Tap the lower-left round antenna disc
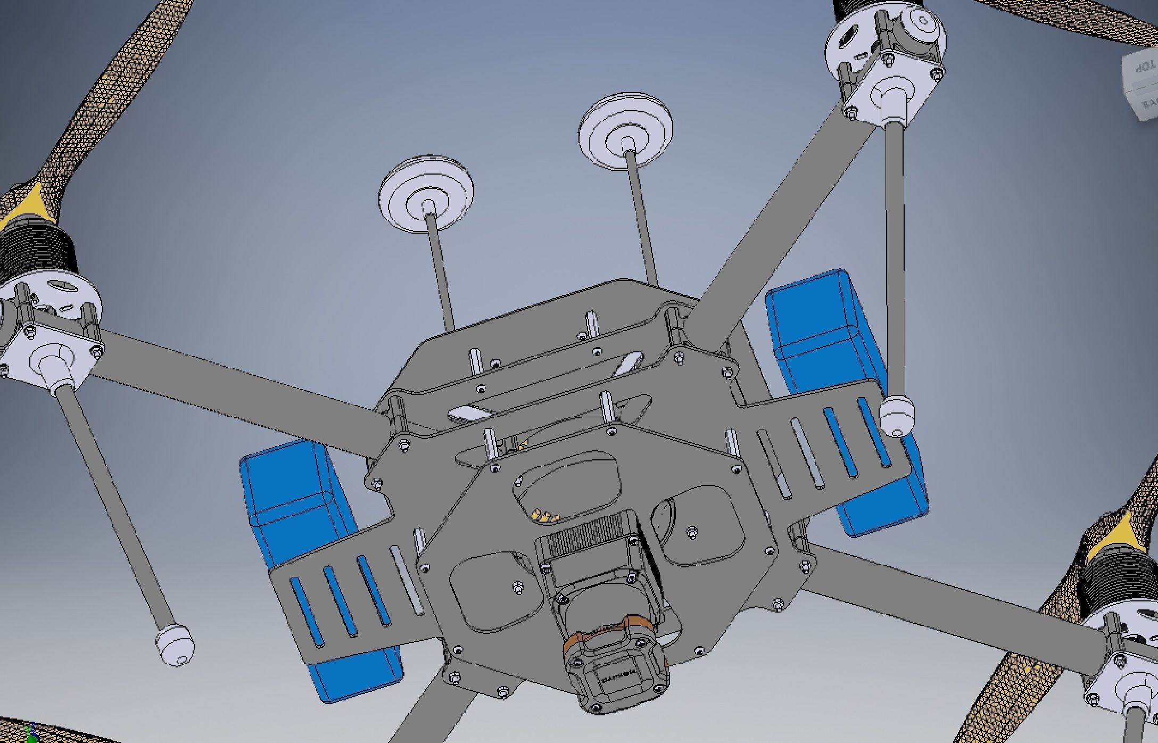point(426,194)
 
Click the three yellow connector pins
point(544,515)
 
